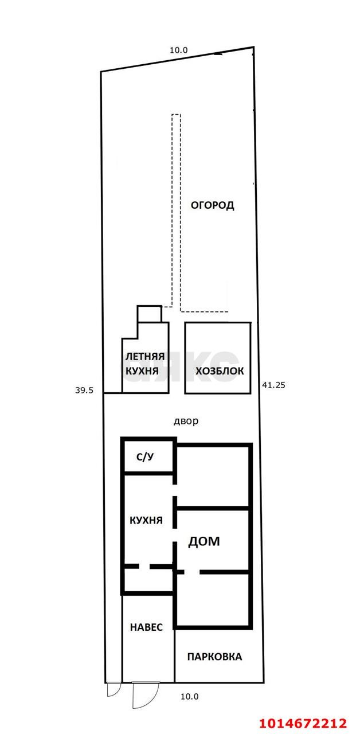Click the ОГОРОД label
212,205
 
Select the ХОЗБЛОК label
220,371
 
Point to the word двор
186,421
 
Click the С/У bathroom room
144,457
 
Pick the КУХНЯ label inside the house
146,521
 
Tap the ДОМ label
204,541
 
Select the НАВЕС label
146,627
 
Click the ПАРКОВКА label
214,657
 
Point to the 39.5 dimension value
84,390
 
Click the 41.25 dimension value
273,385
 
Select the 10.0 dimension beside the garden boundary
178,50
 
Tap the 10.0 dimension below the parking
189,697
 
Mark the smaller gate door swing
114,689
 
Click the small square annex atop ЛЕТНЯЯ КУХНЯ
149,314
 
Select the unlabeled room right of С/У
212,476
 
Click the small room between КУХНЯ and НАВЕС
148,580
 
